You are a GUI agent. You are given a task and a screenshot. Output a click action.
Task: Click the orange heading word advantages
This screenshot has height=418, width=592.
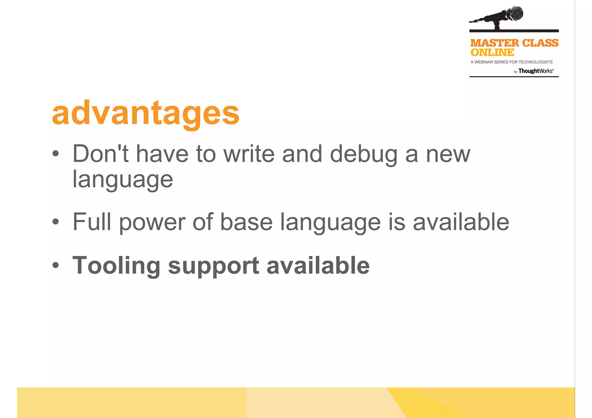coord(145,113)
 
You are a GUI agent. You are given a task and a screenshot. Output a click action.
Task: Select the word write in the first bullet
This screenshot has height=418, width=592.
coord(249,154)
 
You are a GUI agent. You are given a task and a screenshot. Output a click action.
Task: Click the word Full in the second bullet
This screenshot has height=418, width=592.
coord(92,222)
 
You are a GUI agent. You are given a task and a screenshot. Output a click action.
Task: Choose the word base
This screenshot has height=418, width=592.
coord(246,222)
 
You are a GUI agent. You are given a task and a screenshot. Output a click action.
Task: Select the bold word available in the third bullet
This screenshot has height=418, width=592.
coord(318,265)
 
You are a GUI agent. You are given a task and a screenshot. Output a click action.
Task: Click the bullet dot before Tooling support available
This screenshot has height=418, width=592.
coord(56,265)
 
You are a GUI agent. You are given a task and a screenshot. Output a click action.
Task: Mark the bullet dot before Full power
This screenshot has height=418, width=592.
coord(56,222)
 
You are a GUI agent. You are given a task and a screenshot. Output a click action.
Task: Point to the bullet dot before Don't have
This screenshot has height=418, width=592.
coord(56,154)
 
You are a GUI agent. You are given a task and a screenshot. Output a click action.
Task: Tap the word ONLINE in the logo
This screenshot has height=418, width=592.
coord(492,53)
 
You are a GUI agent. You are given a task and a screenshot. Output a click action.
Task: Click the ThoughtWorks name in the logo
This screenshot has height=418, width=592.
coord(535,71)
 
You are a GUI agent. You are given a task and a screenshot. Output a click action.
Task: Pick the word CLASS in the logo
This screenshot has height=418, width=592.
coord(540,43)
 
